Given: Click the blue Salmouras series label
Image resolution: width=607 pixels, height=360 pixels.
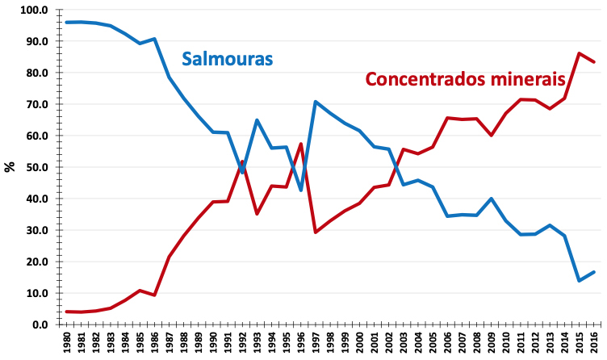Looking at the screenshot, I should click(228, 59).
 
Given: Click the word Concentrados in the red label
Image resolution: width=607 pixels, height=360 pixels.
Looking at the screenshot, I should click(427, 80).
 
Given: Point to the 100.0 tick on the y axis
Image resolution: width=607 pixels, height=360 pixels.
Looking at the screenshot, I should click(35, 10).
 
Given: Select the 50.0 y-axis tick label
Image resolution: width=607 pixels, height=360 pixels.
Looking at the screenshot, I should click(37, 167).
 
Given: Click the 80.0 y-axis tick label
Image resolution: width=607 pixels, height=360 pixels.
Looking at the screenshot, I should click(37, 73).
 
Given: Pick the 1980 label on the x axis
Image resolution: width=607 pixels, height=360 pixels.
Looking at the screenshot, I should click(66, 343).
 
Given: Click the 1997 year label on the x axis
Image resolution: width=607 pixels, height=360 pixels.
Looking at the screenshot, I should click(316, 343).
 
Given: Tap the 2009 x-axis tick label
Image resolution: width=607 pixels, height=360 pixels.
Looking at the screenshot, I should click(492, 343).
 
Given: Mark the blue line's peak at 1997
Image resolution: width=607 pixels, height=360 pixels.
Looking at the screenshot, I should click(315, 102).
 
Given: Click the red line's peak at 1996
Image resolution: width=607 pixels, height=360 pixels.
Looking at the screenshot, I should click(300, 144).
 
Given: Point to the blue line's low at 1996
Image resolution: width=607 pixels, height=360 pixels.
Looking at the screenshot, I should click(300, 190).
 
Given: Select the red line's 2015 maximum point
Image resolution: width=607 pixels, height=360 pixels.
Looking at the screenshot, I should click(580, 53).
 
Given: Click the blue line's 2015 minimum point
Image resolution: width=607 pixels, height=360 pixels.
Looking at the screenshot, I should click(580, 281).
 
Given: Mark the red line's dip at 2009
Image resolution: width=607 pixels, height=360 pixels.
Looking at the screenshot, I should click(492, 135).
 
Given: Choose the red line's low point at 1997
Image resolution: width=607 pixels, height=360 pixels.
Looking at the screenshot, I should click(315, 232).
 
